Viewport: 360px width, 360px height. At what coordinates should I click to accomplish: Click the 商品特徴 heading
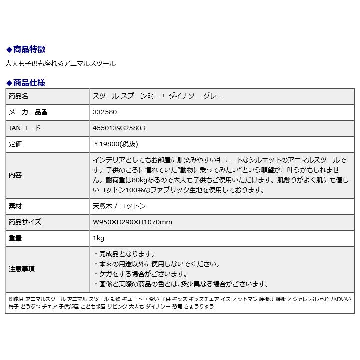coord(29,49)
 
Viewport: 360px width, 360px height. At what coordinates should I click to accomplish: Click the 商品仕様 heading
coord(29,83)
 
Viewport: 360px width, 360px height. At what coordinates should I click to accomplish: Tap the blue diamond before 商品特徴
coord(8,49)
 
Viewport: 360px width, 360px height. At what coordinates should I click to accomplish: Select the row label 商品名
coord(19,96)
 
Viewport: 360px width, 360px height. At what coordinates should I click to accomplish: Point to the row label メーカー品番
coord(28,112)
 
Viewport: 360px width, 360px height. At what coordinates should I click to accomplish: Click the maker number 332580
coord(105,112)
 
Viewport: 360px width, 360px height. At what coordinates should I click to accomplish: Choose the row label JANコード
coord(25,128)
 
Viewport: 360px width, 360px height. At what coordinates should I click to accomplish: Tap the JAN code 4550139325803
coord(119,128)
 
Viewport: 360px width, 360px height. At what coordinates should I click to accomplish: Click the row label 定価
coord(16,144)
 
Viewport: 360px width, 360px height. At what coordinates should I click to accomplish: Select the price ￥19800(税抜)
coord(116,144)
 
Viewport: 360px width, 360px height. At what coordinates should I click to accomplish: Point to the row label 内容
coord(16,175)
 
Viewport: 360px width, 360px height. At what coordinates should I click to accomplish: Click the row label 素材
coord(16,206)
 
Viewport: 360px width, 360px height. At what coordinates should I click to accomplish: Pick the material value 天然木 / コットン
coord(119,206)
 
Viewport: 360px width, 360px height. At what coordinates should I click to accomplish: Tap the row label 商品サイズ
coord(25,222)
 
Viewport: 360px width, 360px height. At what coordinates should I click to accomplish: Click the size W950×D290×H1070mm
coord(132,222)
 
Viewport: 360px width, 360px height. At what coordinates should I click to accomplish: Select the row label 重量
coord(16,238)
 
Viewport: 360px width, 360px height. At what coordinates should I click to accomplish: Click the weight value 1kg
coord(98,238)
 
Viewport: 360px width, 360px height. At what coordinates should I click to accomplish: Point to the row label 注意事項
coord(22,269)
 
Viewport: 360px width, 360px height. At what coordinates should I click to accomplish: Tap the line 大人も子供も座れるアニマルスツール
coord(60,64)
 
